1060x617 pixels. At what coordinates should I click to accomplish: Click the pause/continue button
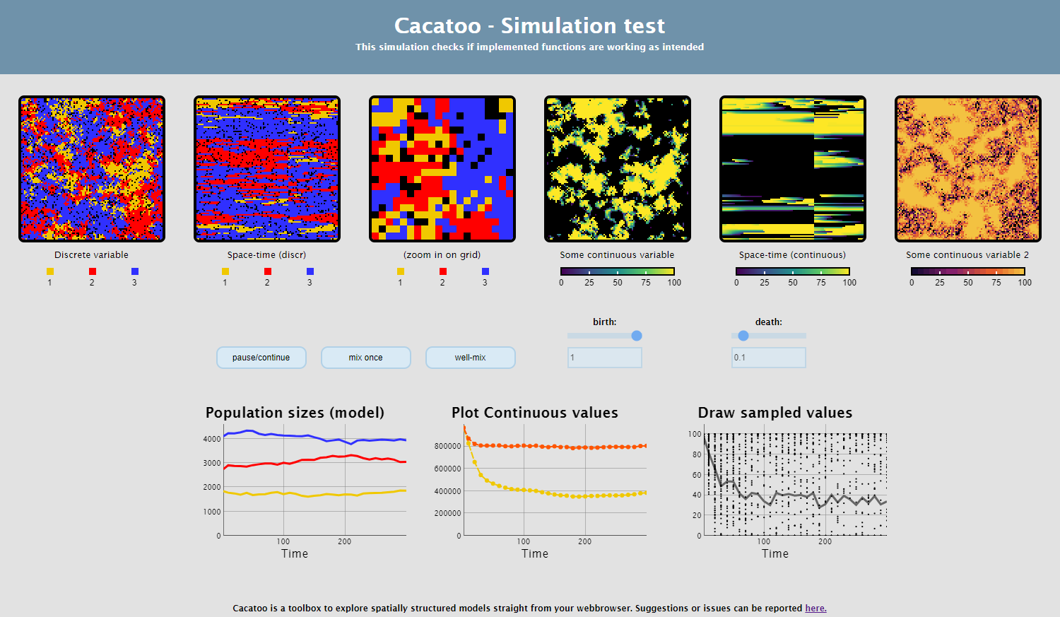click(x=261, y=357)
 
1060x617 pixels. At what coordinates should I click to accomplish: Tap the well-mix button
click(x=471, y=357)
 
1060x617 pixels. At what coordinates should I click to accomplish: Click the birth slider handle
click(x=637, y=336)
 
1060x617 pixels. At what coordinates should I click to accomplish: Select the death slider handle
click(x=743, y=336)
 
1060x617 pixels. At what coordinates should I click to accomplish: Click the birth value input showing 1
click(x=605, y=357)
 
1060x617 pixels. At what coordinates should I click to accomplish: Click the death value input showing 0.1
click(x=769, y=357)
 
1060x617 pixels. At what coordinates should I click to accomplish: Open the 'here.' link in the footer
click(x=815, y=608)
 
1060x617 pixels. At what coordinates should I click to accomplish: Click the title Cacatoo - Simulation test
click(x=529, y=25)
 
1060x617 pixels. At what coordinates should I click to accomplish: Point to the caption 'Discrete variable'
click(x=91, y=254)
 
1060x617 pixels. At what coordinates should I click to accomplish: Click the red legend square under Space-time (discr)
click(x=268, y=271)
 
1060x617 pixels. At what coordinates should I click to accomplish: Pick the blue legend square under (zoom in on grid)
click(x=485, y=271)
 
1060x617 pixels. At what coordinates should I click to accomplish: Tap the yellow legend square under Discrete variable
click(x=50, y=271)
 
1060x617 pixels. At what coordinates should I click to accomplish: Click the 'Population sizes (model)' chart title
click(x=295, y=413)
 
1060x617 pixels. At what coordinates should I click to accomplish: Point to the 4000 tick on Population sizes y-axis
click(x=212, y=439)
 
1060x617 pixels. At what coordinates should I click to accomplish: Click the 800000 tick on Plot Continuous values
click(x=447, y=446)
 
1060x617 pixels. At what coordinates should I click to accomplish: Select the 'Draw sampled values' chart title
click(x=775, y=413)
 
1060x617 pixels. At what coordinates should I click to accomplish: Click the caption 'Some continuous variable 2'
click(x=967, y=254)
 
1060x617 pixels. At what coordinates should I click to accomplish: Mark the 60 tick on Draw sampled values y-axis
click(x=697, y=475)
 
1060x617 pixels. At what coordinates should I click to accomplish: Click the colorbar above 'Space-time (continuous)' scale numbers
click(x=793, y=271)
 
